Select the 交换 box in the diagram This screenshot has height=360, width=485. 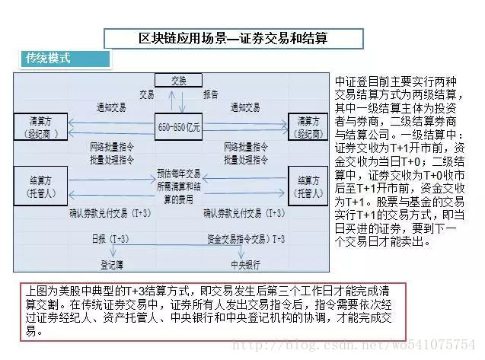177,80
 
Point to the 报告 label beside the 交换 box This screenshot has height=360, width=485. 211,94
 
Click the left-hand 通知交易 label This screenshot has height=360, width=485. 111,107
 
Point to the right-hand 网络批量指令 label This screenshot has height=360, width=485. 245,145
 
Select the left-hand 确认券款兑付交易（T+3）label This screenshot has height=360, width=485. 107,214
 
